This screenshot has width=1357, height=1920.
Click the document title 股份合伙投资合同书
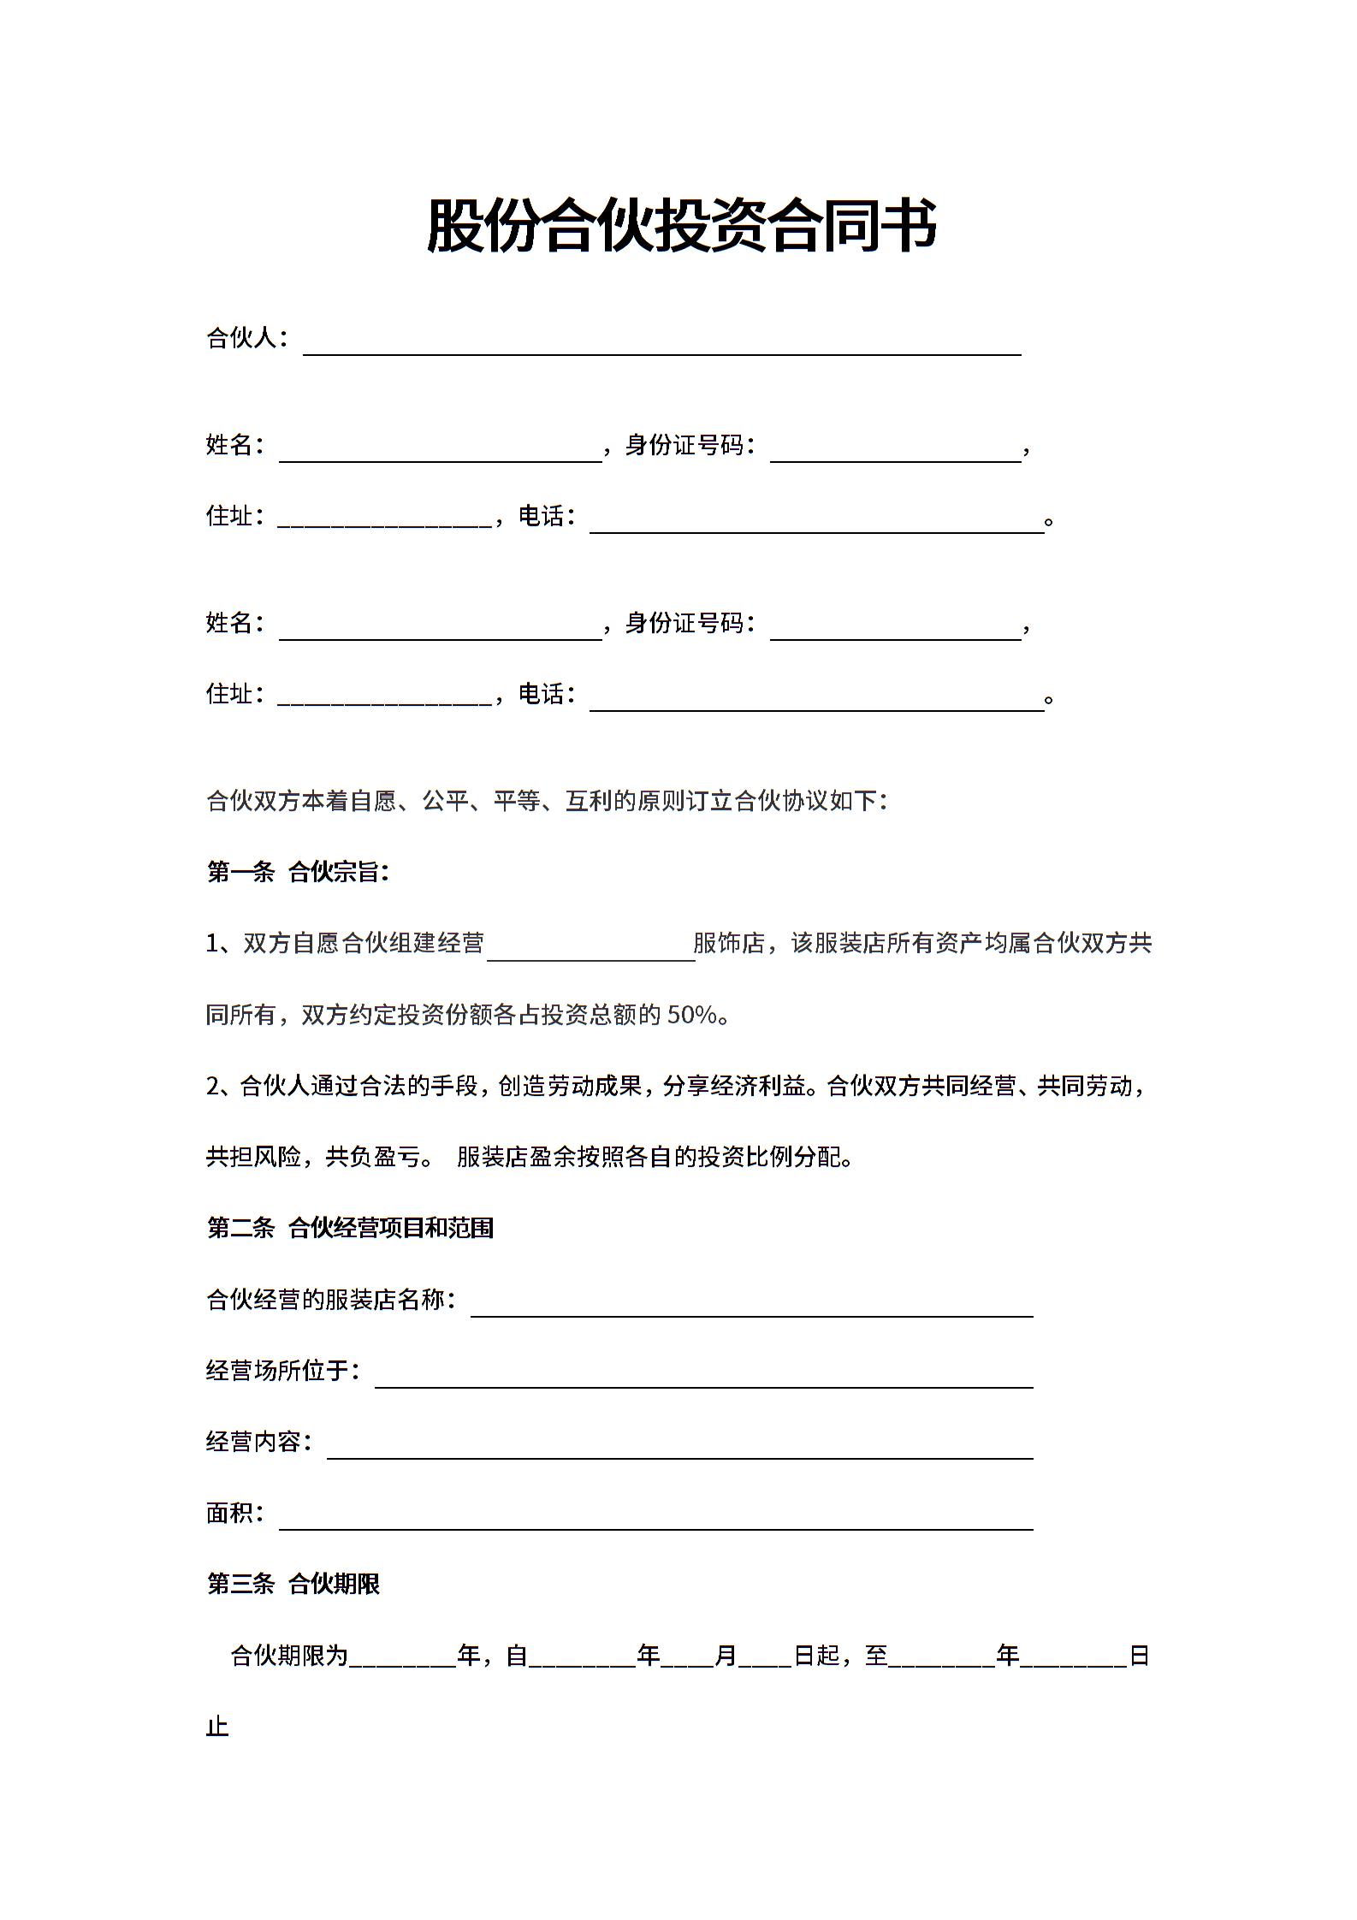[681, 226]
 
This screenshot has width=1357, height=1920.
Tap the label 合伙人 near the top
[242, 338]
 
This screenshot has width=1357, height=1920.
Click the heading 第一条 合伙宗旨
[298, 872]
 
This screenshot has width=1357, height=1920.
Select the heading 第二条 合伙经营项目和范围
[351, 1228]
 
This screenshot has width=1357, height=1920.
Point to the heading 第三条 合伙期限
[293, 1584]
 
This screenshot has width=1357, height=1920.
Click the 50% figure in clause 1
[691, 1015]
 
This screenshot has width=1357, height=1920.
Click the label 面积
[229, 1513]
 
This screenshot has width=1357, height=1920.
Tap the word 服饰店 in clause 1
[729, 943]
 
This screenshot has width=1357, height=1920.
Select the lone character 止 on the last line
[217, 1727]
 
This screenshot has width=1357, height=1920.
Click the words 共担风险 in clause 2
[253, 1157]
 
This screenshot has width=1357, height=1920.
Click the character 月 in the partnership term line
[726, 1656]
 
